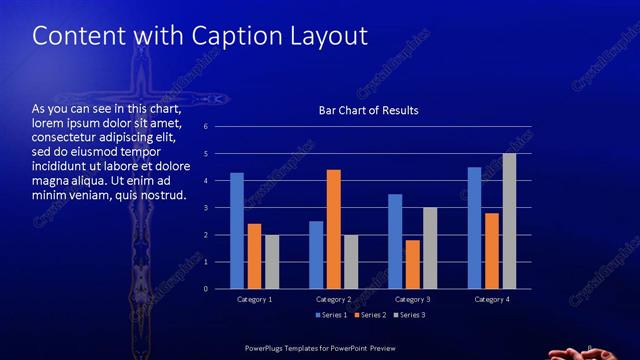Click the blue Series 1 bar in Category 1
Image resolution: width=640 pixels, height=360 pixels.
click(237, 231)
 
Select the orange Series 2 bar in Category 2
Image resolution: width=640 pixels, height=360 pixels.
click(333, 229)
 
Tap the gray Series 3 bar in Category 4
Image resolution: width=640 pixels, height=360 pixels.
click(509, 221)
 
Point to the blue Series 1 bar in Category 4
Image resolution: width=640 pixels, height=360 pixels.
click(474, 228)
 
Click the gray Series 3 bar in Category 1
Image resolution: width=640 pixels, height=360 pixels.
click(271, 262)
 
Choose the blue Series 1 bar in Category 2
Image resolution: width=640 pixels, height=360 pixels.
click(316, 255)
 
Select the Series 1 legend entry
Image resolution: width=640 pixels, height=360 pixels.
click(333, 316)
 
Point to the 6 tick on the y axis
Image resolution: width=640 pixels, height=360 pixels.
click(205, 127)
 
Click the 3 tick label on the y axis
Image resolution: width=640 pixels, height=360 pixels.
click(205, 208)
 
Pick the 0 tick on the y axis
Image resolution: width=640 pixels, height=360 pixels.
click(205, 289)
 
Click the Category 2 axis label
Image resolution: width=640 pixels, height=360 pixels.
click(333, 299)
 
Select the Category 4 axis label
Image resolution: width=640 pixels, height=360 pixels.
click(491, 299)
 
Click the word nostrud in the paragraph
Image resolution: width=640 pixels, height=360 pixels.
click(164, 194)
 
